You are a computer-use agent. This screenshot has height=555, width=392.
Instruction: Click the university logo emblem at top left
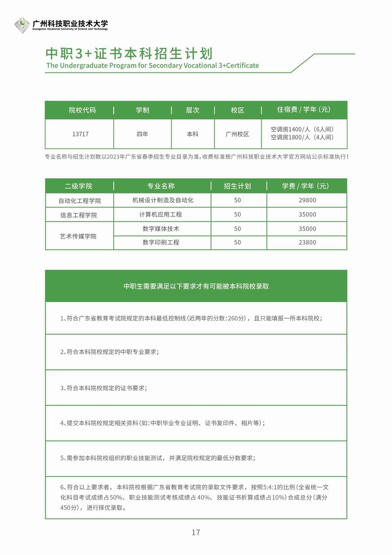tap(22, 25)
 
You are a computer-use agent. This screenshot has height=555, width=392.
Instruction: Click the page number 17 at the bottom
tap(196, 532)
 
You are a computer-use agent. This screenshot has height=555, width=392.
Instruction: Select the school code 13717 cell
tap(80, 134)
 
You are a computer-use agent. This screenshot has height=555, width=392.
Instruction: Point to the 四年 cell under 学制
tap(142, 134)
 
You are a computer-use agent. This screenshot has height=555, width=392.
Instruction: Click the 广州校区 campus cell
tap(237, 134)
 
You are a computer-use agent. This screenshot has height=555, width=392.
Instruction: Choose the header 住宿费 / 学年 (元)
tap(304, 110)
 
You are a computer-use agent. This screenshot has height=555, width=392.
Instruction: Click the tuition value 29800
tap(308, 200)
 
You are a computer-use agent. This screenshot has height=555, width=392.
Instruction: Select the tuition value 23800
tap(308, 242)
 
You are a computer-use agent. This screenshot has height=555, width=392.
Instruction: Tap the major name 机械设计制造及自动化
tap(162, 200)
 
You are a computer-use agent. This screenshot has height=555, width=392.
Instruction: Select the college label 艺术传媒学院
tap(78, 236)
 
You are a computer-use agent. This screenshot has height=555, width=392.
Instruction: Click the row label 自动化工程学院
tap(79, 201)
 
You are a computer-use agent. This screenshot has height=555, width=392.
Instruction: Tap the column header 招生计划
tap(237, 186)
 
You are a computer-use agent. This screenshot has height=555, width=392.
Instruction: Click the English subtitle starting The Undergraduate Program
tap(152, 65)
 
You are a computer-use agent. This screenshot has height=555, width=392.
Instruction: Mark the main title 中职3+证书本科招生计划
tap(129, 53)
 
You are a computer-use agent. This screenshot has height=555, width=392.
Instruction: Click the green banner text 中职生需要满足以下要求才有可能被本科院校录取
tap(196, 286)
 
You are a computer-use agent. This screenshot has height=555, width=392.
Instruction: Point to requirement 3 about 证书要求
tap(104, 388)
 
